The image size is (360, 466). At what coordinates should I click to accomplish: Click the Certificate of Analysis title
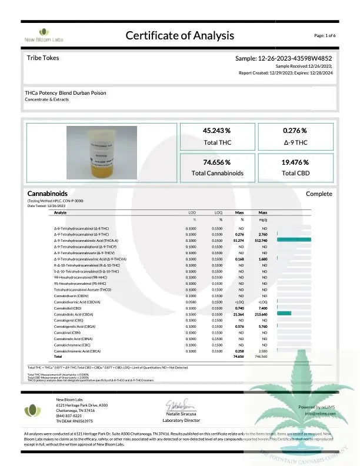click(180, 35)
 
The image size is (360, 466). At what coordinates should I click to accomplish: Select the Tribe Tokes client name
click(43, 58)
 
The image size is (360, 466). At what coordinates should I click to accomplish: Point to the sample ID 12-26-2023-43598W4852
click(284, 59)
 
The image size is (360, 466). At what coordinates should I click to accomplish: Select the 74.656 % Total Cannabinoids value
click(216, 162)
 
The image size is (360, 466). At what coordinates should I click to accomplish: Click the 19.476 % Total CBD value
click(295, 162)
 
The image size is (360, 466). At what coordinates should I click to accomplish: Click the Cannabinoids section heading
click(48, 194)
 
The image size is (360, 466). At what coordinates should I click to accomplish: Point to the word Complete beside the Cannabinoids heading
click(319, 194)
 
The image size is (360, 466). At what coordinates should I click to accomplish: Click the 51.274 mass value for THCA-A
click(239, 240)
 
